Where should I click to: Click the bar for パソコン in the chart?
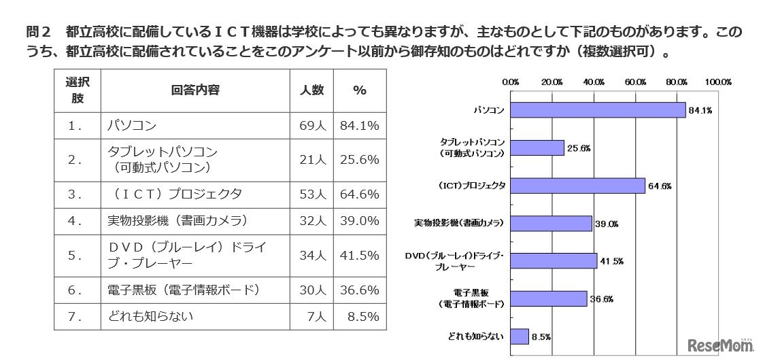click(598, 110)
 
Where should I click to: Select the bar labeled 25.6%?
click(537, 148)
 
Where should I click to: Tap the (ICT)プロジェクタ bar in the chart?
click(577, 186)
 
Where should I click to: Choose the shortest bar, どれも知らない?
click(519, 336)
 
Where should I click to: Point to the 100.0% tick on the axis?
click(717, 82)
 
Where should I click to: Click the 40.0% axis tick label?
click(594, 82)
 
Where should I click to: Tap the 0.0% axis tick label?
click(511, 82)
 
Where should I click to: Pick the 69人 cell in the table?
click(312, 126)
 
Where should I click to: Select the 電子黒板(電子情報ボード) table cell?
click(184, 290)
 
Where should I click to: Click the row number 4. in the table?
click(75, 220)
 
